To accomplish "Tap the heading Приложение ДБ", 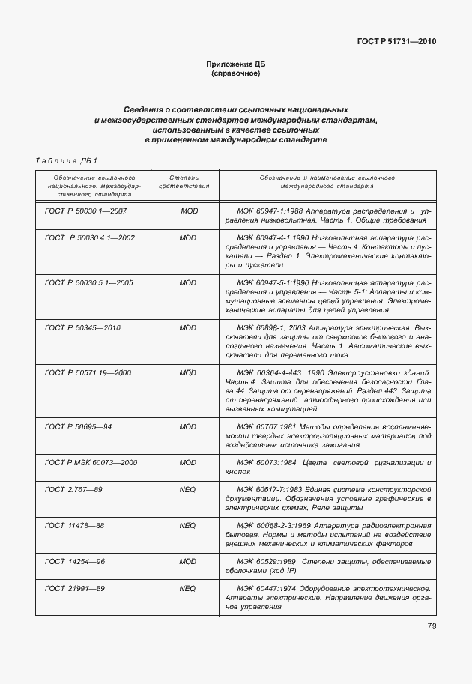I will [x=235, y=65].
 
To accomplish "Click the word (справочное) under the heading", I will [x=235, y=74].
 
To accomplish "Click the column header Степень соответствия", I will [x=188, y=182].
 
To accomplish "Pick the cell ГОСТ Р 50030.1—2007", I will [x=85, y=211].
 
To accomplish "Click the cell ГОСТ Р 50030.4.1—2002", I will [x=89, y=237].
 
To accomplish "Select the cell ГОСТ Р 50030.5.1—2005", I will [x=88, y=282].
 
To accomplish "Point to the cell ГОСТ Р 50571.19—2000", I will [x=88, y=372].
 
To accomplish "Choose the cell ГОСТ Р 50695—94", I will [x=78, y=426].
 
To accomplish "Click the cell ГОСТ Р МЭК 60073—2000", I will [x=91, y=462].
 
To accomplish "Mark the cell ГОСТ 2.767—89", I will [x=74, y=489].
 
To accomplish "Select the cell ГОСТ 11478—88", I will [x=74, y=525].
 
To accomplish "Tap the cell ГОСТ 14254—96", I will [x=74, y=561].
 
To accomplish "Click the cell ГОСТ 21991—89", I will [x=74, y=588].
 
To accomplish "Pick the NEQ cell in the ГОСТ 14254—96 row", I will [x=188, y=561].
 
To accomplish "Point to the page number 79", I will [x=432, y=626].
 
